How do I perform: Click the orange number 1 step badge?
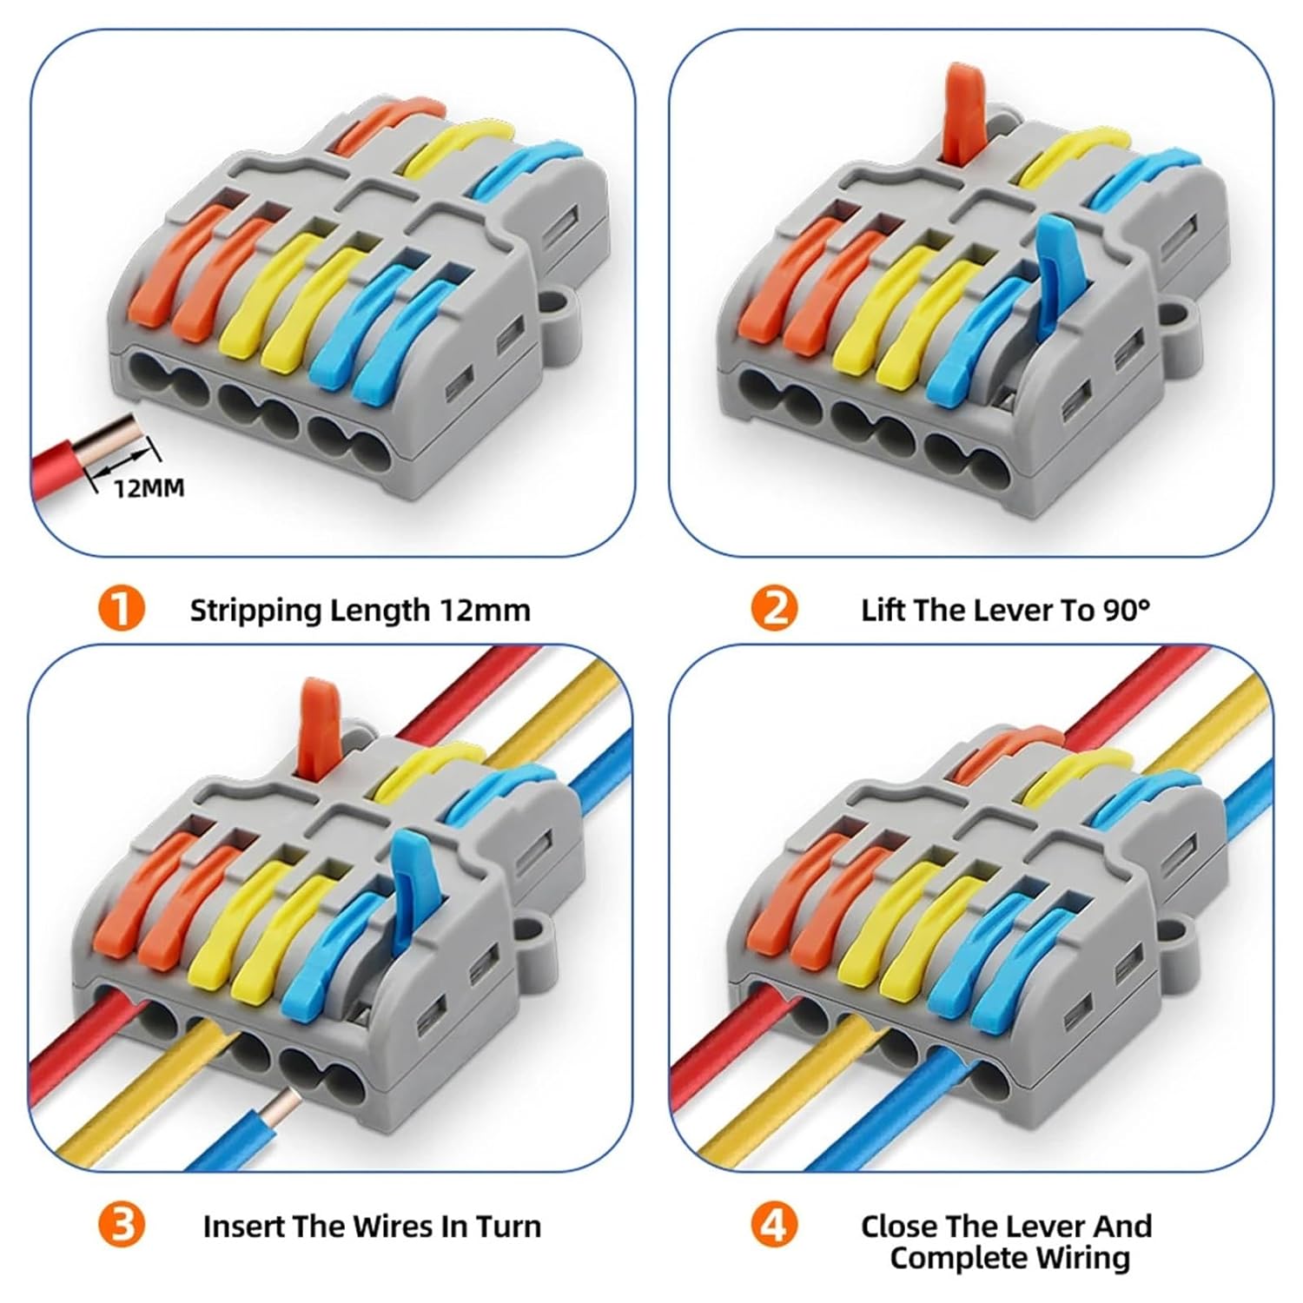121,609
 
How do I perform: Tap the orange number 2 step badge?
774,609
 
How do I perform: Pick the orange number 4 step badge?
774,1226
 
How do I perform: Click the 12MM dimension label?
149,488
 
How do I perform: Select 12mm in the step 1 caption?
485,611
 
